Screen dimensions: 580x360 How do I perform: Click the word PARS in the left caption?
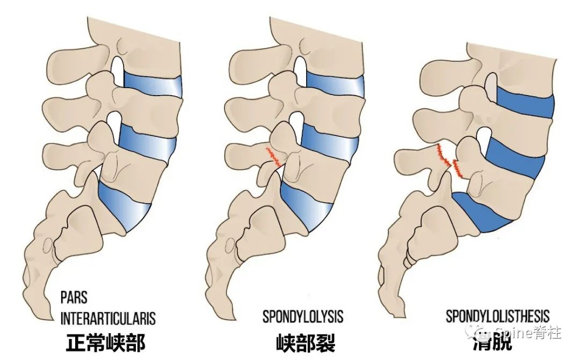74,298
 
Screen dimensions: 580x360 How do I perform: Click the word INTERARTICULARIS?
107,318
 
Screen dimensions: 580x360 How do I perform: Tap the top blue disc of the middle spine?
336,84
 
